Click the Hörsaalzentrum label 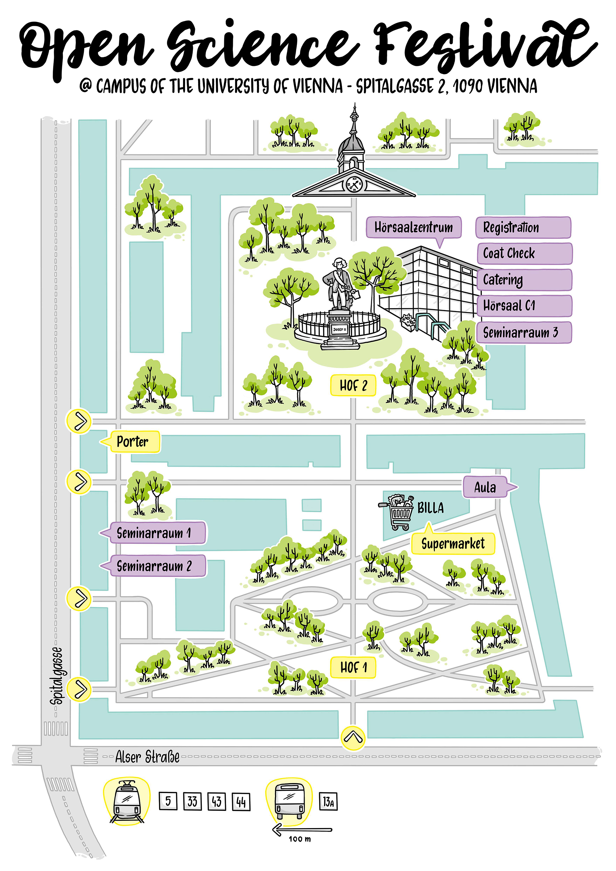pyautogui.click(x=413, y=227)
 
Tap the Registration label pyautogui.click(x=523, y=228)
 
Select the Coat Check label pyautogui.click(x=524, y=253)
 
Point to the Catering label pyautogui.click(x=524, y=280)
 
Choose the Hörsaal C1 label pyautogui.click(x=524, y=306)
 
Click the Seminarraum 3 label pyautogui.click(x=524, y=333)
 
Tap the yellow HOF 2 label pyautogui.click(x=353, y=385)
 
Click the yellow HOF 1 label pyautogui.click(x=353, y=667)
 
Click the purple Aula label pyautogui.click(x=485, y=487)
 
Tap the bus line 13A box pyautogui.click(x=328, y=801)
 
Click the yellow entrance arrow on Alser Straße pyautogui.click(x=353, y=738)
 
